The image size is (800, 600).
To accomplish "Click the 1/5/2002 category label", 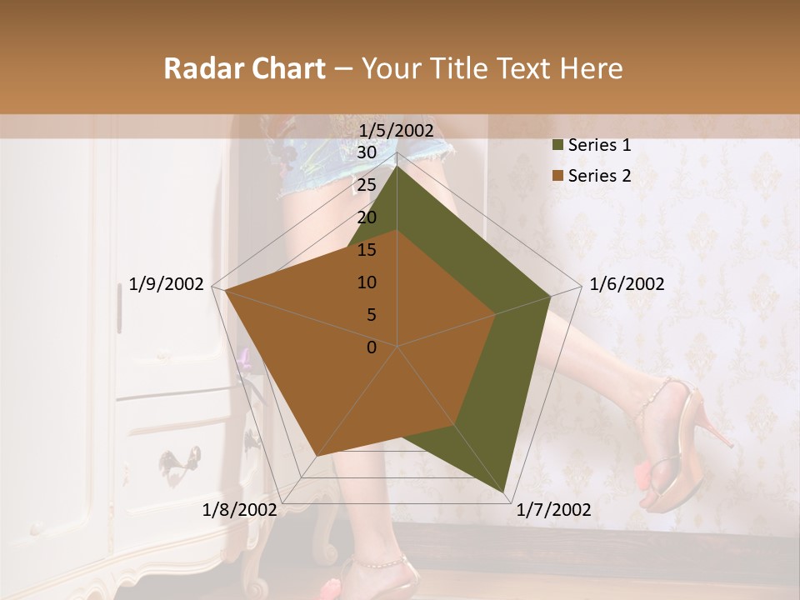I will click(397, 130).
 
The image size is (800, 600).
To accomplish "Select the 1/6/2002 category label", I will click(627, 284).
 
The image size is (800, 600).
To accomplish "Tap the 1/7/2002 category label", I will click(553, 510).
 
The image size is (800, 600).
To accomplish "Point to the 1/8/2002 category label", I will click(240, 510).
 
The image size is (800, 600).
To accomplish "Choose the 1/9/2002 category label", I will click(167, 284).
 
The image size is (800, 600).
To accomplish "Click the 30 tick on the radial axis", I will click(366, 152).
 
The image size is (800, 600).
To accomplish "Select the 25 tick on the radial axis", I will click(366, 185).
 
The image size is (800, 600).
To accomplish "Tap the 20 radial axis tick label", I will click(366, 217).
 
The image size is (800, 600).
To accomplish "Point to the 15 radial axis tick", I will click(366, 250).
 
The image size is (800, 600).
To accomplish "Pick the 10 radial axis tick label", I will click(366, 282).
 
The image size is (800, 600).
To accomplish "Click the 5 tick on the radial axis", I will click(371, 315).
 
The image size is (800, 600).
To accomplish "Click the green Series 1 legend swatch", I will click(557, 145).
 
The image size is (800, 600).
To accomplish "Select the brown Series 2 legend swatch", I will click(557, 176).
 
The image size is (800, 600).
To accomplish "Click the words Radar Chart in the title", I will click(244, 68).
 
